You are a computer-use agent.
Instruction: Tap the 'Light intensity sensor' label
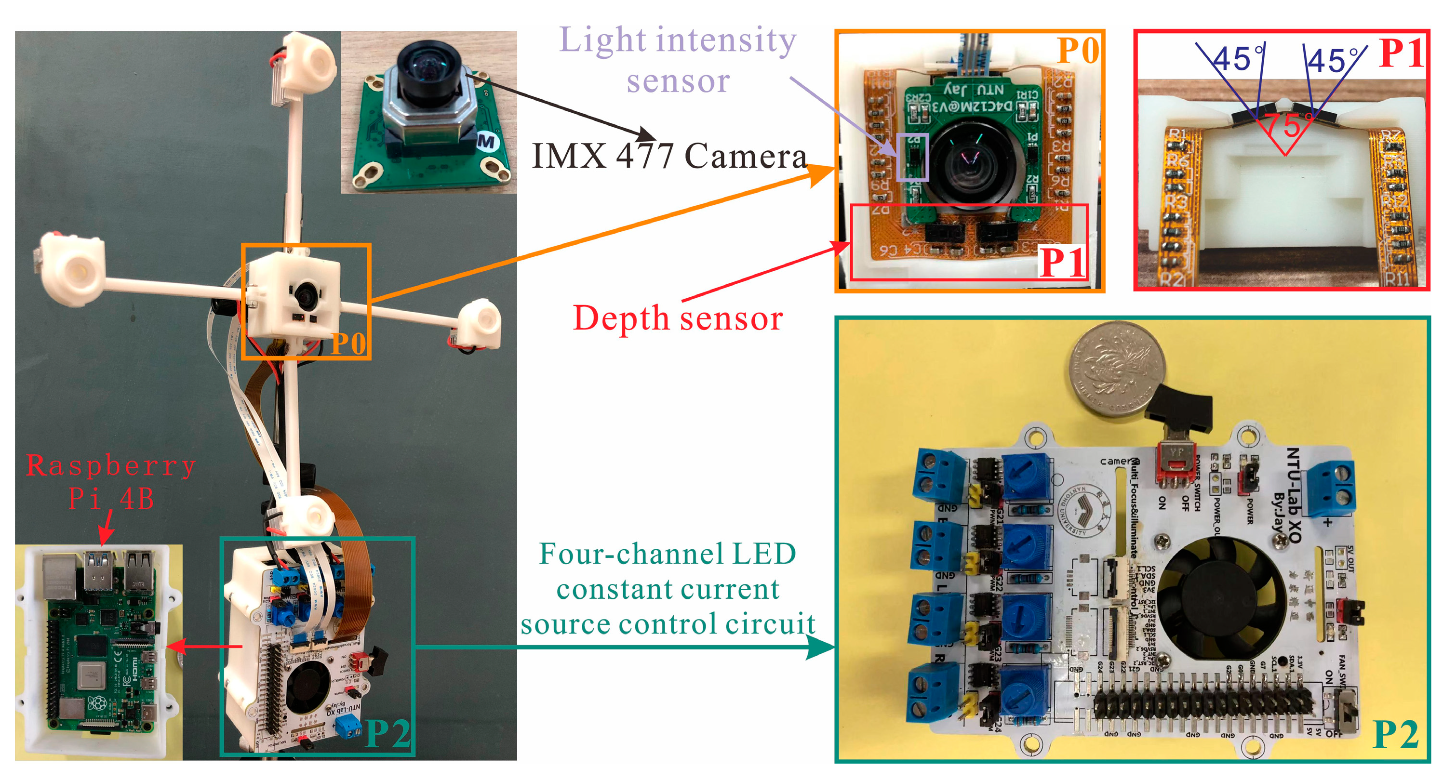678,59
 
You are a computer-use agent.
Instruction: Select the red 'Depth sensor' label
678,318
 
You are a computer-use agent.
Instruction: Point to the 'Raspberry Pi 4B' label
111,482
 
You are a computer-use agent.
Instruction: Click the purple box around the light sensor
912,157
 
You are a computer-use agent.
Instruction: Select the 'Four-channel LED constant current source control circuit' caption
668,589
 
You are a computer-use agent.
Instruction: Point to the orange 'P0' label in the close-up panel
1078,52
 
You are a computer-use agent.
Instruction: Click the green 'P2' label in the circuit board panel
1395,735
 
